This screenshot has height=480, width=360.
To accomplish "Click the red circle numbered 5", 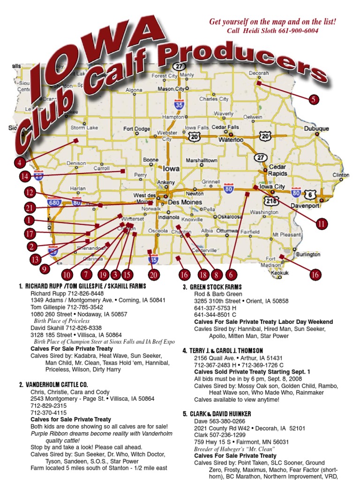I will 313,99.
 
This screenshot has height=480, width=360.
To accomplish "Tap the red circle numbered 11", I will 321,224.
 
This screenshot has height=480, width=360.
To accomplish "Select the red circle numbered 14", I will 25,176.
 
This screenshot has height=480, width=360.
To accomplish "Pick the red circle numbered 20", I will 153,275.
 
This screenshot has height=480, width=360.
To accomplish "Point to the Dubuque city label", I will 316,128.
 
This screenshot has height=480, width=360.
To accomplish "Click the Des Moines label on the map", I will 185,202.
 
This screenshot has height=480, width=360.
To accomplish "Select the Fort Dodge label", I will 137,129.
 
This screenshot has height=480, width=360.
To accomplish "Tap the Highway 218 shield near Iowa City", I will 271,201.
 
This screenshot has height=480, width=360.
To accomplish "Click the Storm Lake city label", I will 84,127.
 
